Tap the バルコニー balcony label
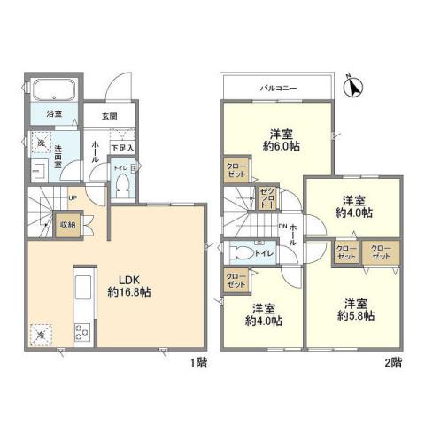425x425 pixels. pos(277,89)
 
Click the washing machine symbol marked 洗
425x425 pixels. pos(41,142)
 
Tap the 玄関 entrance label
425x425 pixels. pos(109,116)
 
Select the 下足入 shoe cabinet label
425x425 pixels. pos(122,147)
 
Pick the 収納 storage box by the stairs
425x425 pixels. pos(68,225)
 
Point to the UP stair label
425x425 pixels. pos(71,198)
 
